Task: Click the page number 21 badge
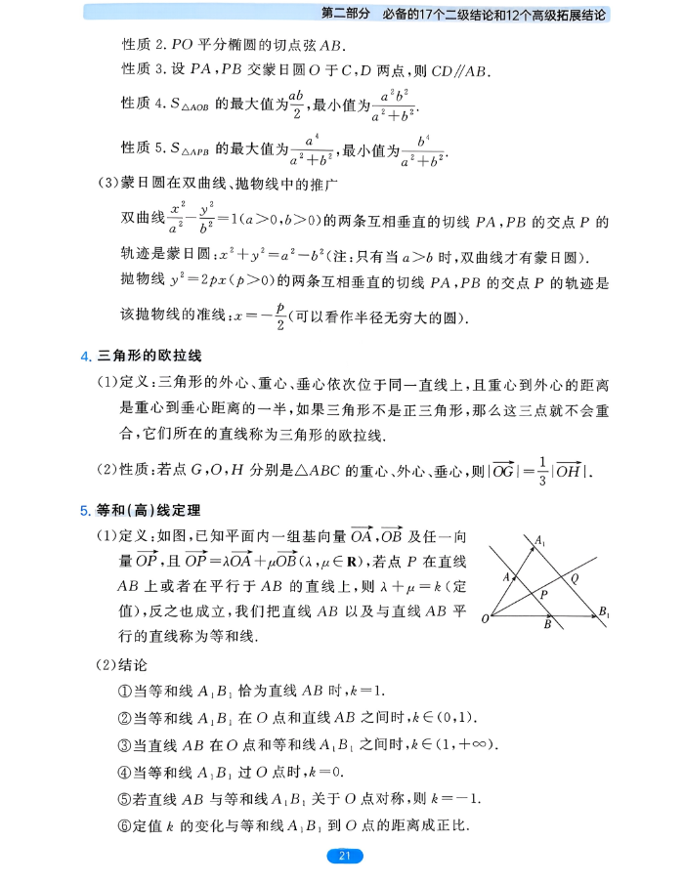(x=343, y=857)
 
